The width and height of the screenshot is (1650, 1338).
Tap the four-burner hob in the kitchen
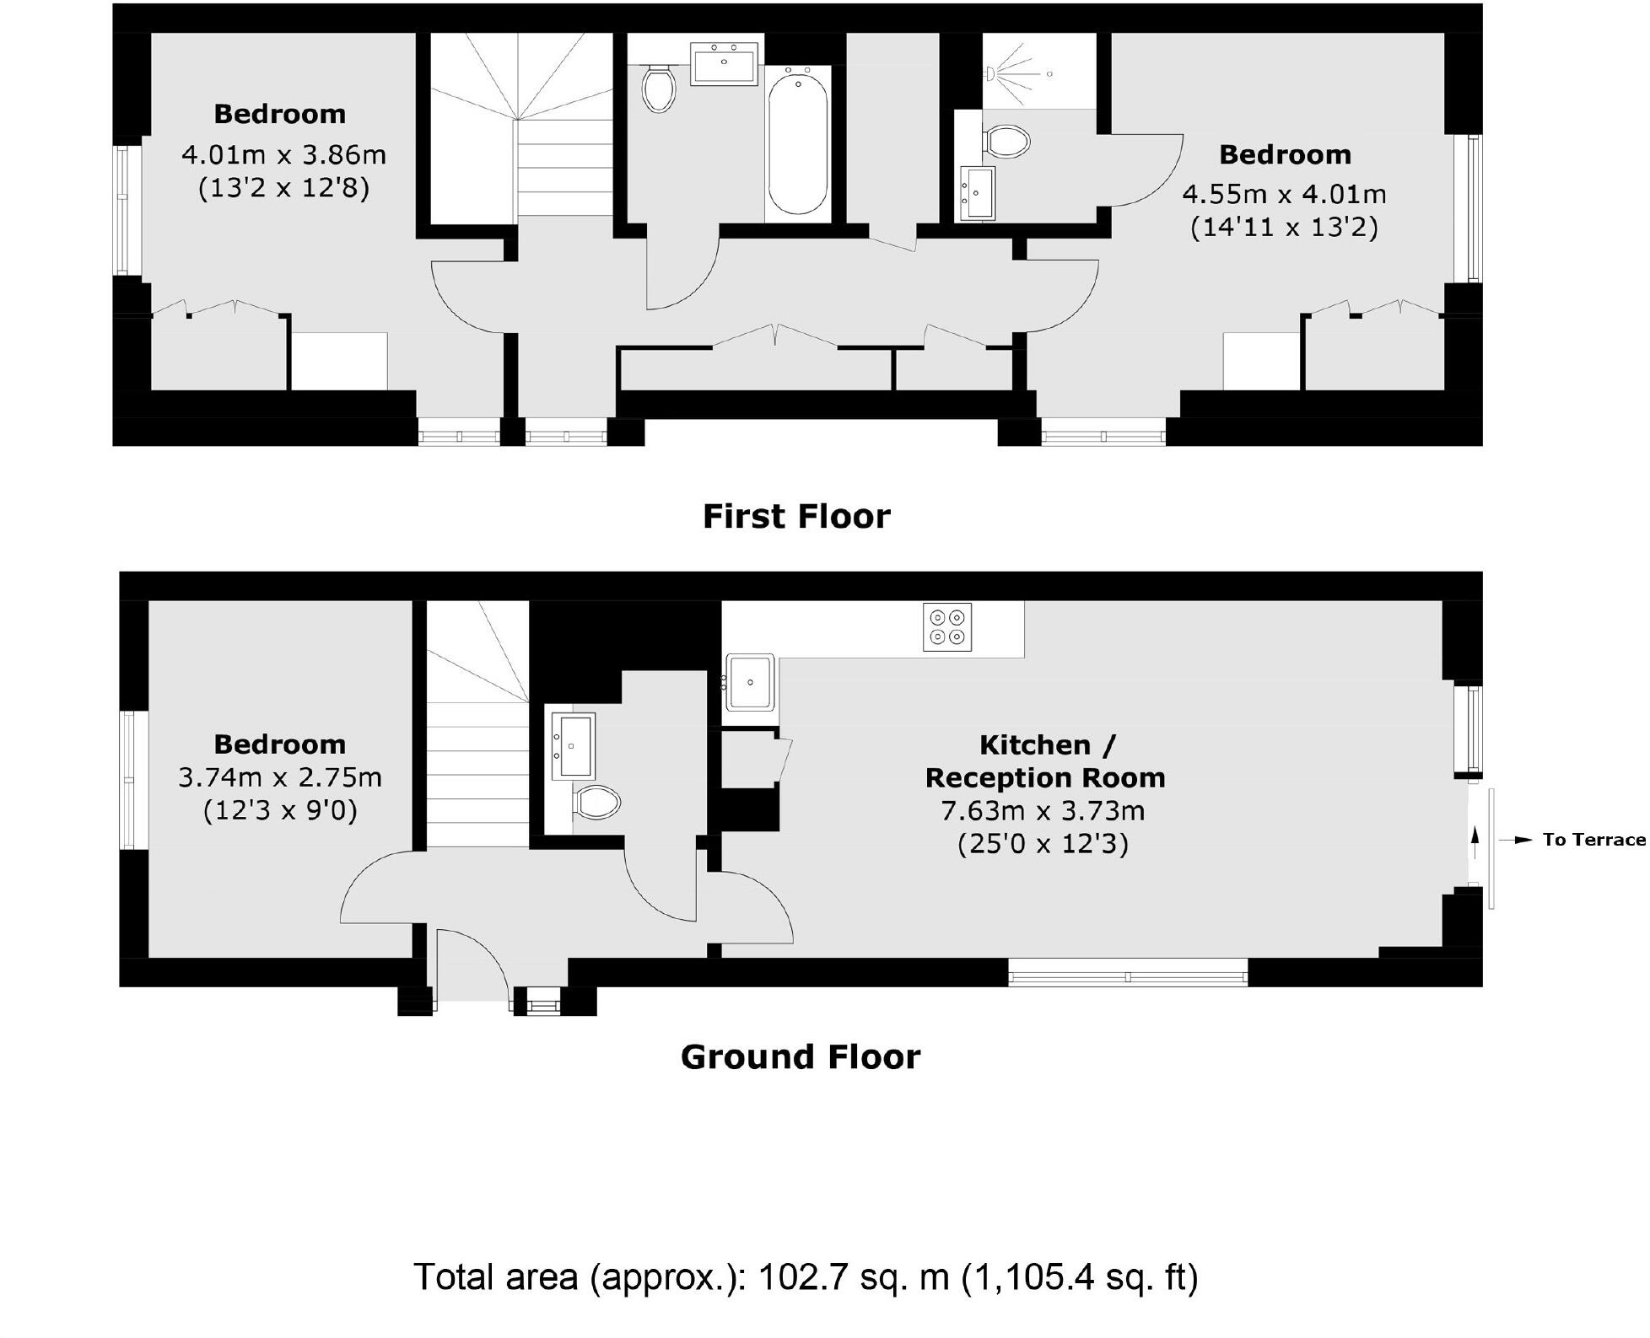[x=946, y=626]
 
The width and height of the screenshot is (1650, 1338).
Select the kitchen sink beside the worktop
[x=750, y=682]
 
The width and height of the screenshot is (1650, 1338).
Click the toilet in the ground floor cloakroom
[x=596, y=802]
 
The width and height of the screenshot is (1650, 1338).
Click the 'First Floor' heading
[x=795, y=517]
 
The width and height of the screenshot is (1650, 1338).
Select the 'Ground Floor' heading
[x=800, y=1057]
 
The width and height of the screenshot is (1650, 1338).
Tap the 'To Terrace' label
[x=1593, y=840]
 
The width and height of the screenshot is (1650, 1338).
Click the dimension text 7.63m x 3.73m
[x=1043, y=811]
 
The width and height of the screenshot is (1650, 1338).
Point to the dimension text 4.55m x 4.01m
[x=1284, y=195]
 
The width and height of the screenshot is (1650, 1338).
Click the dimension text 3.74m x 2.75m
[x=279, y=777]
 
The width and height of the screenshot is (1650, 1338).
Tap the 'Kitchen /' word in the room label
[x=1046, y=745]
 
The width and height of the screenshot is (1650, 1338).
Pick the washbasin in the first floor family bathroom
[x=724, y=64]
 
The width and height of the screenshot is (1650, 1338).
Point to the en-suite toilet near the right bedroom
[x=1008, y=142]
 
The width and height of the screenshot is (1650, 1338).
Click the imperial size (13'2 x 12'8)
[x=283, y=187]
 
